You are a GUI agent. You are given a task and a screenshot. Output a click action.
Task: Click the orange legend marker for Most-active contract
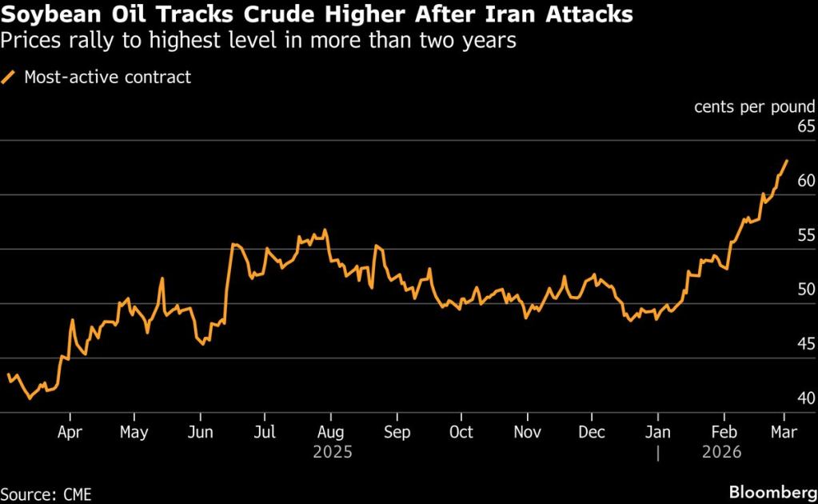point(10,78)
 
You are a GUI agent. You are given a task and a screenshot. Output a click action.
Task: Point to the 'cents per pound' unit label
point(754,106)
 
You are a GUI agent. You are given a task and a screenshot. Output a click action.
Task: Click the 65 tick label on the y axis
point(805,126)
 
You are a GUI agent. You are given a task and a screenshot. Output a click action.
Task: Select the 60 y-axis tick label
point(805,181)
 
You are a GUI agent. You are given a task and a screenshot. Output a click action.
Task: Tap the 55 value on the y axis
point(805,235)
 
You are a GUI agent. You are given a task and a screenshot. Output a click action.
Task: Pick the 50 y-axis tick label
point(805,290)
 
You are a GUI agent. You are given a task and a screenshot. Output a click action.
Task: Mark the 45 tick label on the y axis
point(805,344)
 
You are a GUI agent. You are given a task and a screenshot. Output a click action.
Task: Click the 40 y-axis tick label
point(805,398)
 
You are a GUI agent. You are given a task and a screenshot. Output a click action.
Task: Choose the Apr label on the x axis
point(70,432)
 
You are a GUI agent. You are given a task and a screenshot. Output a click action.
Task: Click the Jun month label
point(200,432)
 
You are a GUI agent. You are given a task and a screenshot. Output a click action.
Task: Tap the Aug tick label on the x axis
point(330,432)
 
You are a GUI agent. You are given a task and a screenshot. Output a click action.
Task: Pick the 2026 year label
point(722,452)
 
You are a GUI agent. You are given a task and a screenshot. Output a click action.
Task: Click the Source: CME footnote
point(46,494)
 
